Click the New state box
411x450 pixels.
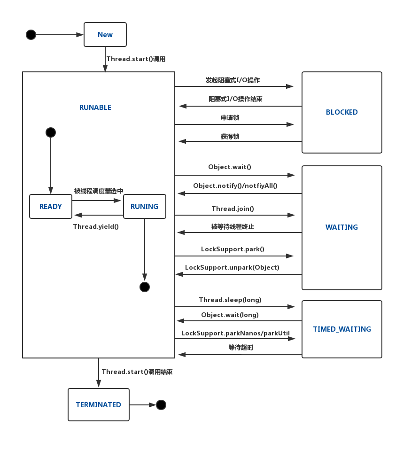[x=105, y=34]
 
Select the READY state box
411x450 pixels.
[x=51, y=207]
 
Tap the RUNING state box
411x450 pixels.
[x=144, y=207]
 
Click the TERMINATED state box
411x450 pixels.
[x=99, y=404]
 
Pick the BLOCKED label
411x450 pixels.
[x=342, y=112]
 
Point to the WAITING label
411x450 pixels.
[x=341, y=227]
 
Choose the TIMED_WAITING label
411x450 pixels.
[x=342, y=329]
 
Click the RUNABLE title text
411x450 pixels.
[x=95, y=108]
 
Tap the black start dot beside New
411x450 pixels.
[x=31, y=35]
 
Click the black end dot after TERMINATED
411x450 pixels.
[x=161, y=404]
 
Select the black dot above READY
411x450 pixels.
[x=51, y=132]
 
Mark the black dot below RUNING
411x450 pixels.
[x=145, y=287]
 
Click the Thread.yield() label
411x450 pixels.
[x=96, y=226]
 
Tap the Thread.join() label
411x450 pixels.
[x=233, y=209]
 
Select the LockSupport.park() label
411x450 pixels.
[x=233, y=249]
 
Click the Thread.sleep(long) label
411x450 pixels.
[x=230, y=300]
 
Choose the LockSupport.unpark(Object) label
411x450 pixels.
[x=232, y=267]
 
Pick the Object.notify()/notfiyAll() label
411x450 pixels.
[x=235, y=186]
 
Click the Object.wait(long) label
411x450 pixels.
[x=230, y=315]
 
